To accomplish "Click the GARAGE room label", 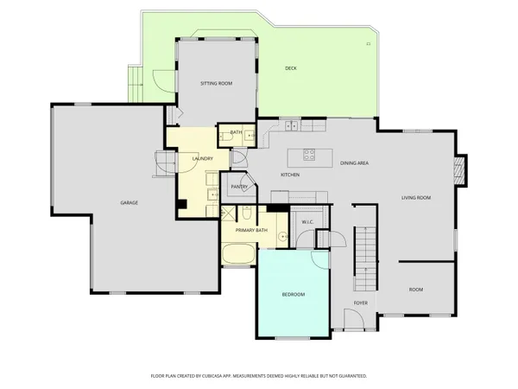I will click(x=129, y=202).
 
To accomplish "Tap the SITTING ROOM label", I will click(x=216, y=84).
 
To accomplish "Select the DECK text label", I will click(x=292, y=68).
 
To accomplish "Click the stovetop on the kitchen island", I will click(x=310, y=156).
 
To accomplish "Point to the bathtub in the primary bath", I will click(x=238, y=255).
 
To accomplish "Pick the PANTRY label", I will click(x=239, y=187).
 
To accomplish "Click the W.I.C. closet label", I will click(x=306, y=223).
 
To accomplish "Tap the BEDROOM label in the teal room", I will click(x=293, y=295).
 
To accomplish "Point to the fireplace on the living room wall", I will click(x=462, y=170).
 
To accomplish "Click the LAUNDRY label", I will click(x=202, y=159).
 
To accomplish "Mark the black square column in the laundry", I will click(x=182, y=205).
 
